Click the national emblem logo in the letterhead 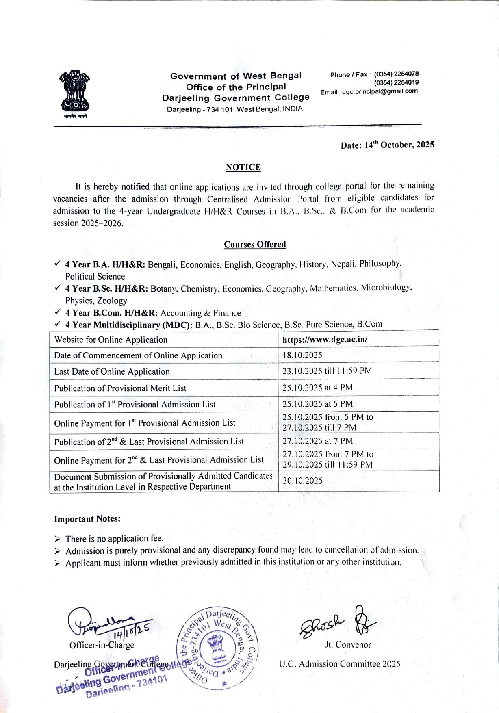pos(74,94)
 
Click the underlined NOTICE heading pos(243,167)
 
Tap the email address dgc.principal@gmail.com pos(380,91)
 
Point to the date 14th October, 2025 pos(387,145)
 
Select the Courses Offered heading pos(255,245)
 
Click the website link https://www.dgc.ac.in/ pos(325,340)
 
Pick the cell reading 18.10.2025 pos(302,355)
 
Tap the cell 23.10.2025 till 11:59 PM pos(327,371)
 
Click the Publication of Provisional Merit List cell pos(120,388)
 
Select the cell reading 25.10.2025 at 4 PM pos(317,388)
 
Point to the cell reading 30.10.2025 pos(303,481)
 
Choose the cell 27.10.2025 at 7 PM pos(317,441)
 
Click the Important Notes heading pos(87,519)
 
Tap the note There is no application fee pos(114,539)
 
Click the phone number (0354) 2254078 pos(396,74)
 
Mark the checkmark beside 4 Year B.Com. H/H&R pos(58,312)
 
